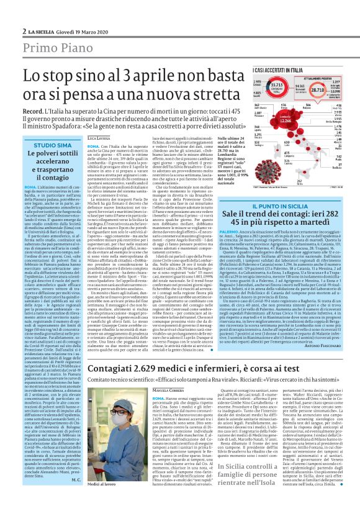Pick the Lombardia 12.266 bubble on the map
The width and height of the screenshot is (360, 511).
click(x=268, y=120)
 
